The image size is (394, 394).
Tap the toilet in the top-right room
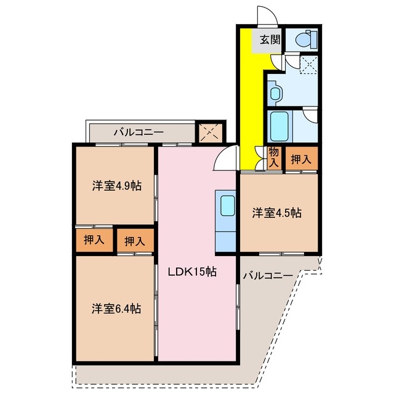click(x=305, y=40)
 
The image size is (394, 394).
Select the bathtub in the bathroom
click(x=279, y=127)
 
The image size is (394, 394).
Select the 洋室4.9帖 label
click(x=114, y=185)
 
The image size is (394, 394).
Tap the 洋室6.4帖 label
click(x=114, y=308)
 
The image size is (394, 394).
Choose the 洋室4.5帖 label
click(x=276, y=213)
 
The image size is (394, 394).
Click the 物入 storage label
click(x=274, y=158)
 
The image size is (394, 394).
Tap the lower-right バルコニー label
click(x=267, y=276)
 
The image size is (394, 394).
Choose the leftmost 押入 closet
click(x=94, y=240)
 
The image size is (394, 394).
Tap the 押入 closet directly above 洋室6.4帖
click(x=134, y=241)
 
